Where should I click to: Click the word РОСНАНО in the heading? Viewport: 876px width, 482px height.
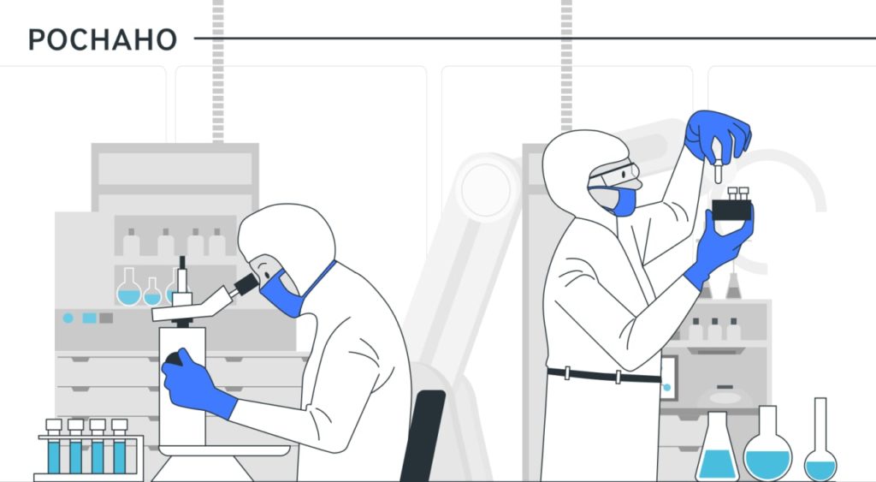pyautogui.click(x=103, y=39)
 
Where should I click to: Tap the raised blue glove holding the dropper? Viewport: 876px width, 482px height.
pyautogui.click(x=718, y=134)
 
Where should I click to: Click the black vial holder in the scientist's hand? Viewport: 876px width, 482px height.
pyautogui.click(x=731, y=210)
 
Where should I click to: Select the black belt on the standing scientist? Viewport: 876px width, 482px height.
pyautogui.click(x=603, y=375)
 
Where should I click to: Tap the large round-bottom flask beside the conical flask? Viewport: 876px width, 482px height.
pyautogui.click(x=767, y=444)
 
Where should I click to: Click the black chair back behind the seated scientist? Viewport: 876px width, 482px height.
pyautogui.click(x=423, y=435)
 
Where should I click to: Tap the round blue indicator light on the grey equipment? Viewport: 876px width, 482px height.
pyautogui.click(x=68, y=318)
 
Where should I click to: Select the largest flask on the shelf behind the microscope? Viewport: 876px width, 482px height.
pyautogui.click(x=129, y=288)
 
